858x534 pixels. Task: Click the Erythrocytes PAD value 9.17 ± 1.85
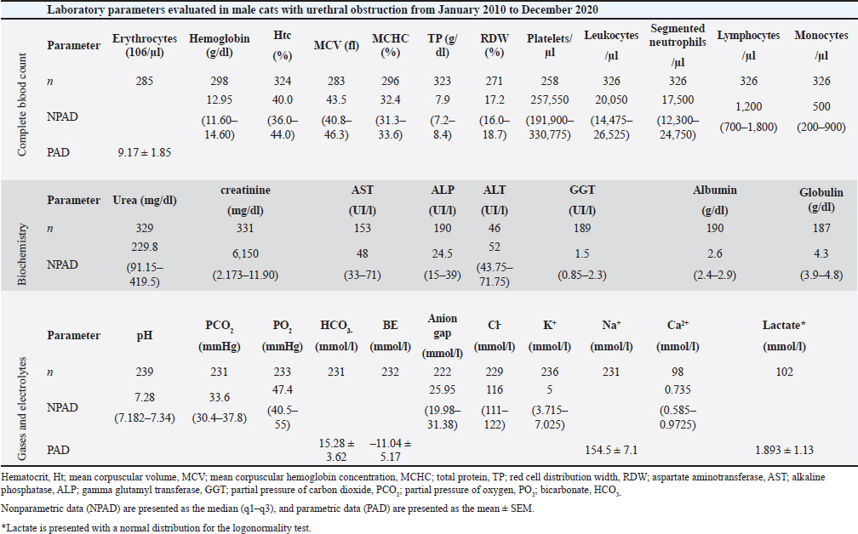click(145, 152)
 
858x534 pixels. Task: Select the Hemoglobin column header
click(220, 45)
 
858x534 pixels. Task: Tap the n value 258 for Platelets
click(549, 81)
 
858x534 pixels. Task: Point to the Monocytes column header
click(821, 45)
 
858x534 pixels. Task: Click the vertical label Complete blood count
click(22, 105)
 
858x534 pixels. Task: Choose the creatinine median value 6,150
click(245, 253)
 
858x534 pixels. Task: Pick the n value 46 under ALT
click(495, 229)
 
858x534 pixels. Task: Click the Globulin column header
click(821, 200)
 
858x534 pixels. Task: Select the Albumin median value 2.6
click(715, 253)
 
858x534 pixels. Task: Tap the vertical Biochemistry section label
click(22, 253)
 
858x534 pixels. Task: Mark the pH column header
click(145, 336)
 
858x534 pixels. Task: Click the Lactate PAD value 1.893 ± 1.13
click(784, 450)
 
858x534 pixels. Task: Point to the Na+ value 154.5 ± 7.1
click(611, 450)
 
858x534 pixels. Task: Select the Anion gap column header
click(442, 336)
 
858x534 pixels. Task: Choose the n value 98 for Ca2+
click(678, 372)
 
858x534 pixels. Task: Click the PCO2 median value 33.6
click(219, 397)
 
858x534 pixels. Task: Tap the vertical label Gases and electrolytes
click(22, 408)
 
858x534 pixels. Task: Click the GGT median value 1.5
click(582, 253)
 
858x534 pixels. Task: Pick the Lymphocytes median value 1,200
click(748, 106)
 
